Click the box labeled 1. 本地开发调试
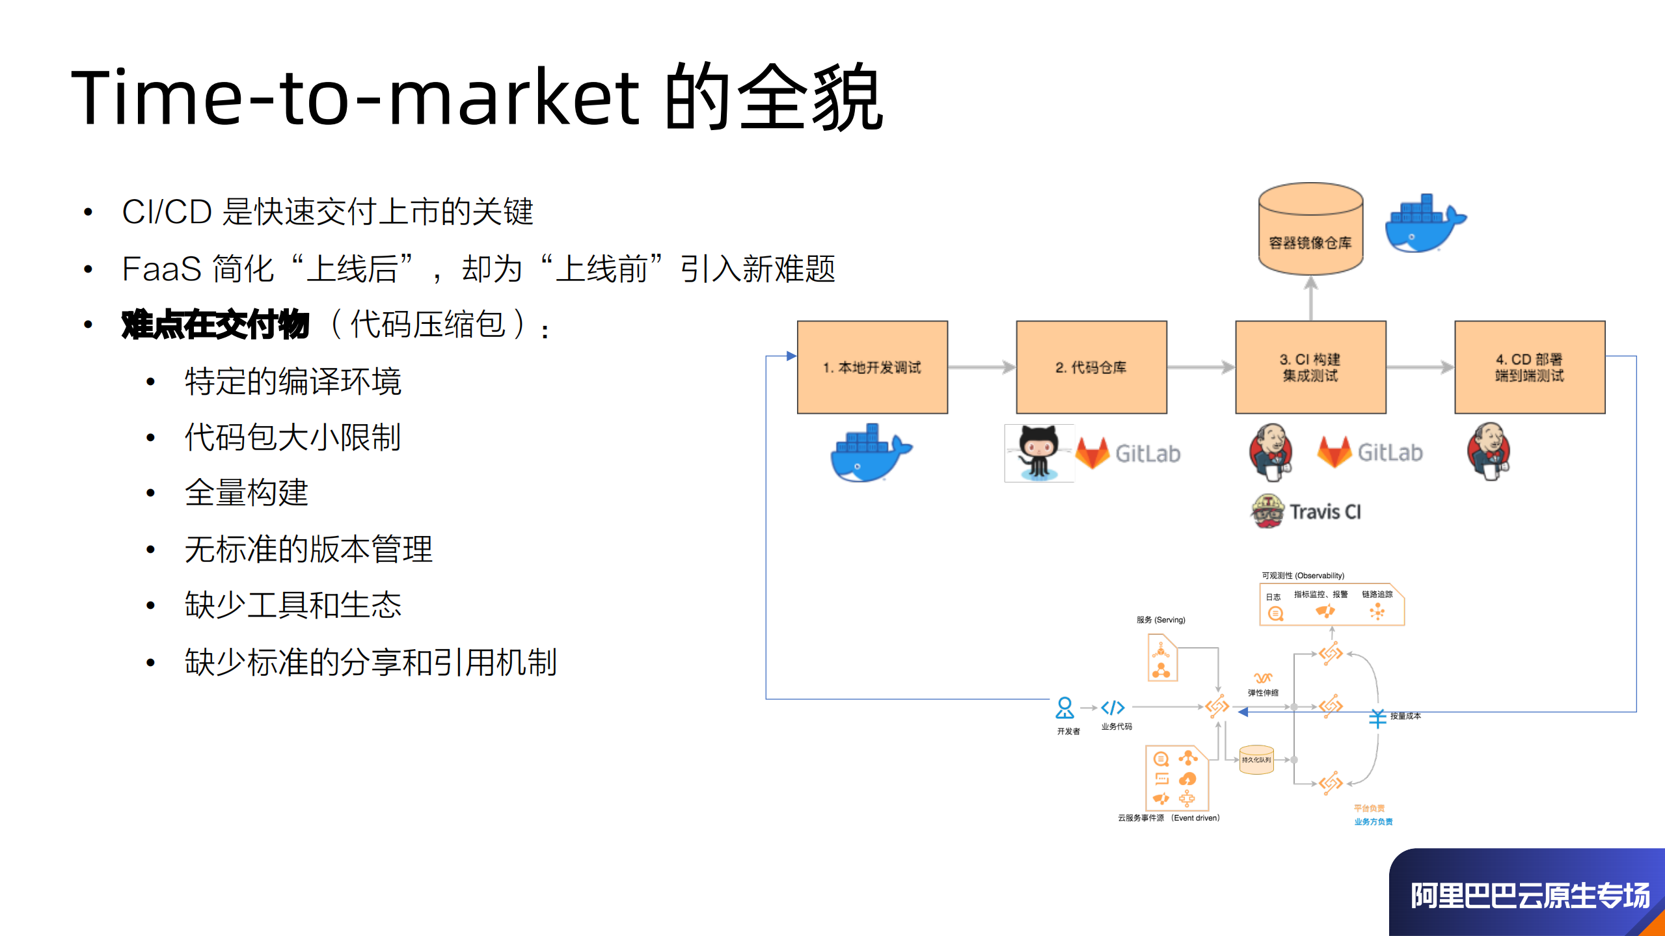click(x=872, y=368)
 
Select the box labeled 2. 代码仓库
click(x=1091, y=368)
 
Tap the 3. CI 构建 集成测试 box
click(x=1310, y=368)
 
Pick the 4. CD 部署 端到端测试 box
click(x=1530, y=368)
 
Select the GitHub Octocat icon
click(x=1038, y=453)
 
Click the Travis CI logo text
click(x=1324, y=512)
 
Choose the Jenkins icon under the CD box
click(x=1489, y=450)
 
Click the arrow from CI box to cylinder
click(x=1310, y=299)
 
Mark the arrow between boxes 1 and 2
click(x=981, y=368)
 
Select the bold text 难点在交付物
click(x=215, y=325)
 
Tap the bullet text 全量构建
click(x=247, y=492)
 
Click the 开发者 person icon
click(x=1064, y=708)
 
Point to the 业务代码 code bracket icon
click(x=1113, y=708)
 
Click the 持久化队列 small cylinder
click(x=1256, y=760)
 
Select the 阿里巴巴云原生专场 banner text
click(x=1529, y=896)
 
